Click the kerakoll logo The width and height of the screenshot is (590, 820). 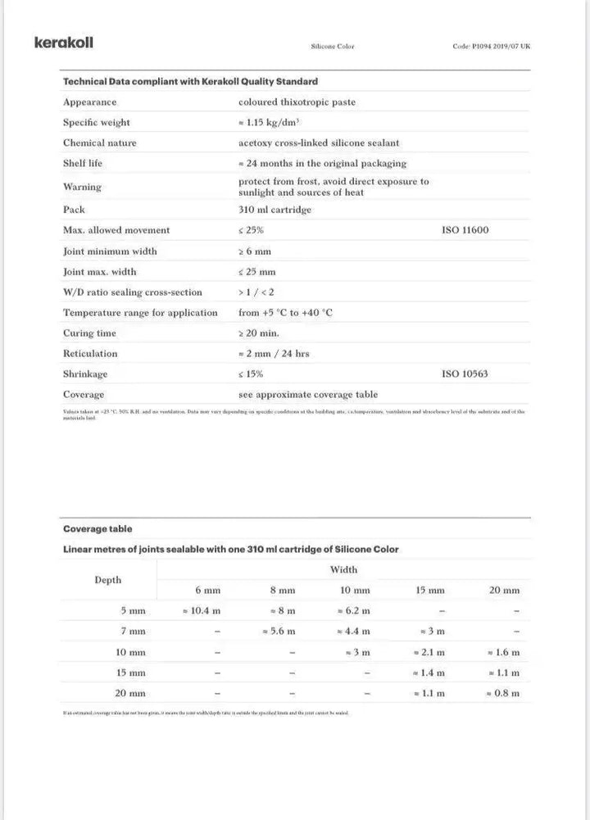63,43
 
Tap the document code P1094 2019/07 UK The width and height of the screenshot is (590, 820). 491,47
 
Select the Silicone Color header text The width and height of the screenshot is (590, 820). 332,47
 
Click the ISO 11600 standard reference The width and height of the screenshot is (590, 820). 465,230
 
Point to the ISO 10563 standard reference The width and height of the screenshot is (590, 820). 465,374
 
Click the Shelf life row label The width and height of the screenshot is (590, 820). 83,163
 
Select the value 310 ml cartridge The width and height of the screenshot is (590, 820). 275,210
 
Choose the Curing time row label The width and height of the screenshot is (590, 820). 89,333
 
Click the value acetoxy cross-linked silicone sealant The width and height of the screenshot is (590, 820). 319,143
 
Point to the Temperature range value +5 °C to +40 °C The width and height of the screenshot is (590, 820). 285,313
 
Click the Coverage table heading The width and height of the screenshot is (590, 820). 98,529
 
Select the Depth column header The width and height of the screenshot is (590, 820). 107,580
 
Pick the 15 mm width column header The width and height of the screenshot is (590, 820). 429,591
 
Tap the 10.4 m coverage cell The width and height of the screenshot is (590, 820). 201,611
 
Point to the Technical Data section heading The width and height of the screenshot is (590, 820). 190,82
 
